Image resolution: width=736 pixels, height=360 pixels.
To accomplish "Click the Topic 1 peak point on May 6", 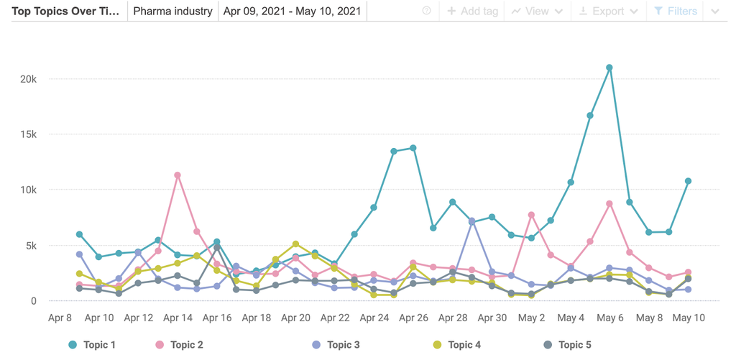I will (609, 68).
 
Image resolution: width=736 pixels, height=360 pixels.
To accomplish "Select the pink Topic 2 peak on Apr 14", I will (178, 175).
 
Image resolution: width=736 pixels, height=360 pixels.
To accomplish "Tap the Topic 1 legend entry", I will (92, 345).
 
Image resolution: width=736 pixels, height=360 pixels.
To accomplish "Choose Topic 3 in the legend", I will (336, 345).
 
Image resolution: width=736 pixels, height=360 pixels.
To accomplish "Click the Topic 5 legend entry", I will (567, 345).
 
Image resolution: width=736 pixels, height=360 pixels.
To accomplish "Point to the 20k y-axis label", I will (28, 79).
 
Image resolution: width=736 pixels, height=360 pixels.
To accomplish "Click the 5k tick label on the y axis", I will (30, 246).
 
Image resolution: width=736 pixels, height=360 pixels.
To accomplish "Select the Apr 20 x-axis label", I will (295, 317).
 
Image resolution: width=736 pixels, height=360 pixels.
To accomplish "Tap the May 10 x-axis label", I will (688, 317).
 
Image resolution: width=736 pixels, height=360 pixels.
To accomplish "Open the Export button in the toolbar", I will (608, 11).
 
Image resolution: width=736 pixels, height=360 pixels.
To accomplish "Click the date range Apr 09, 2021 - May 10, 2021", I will (291, 11).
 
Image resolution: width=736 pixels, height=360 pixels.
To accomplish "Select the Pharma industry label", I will (172, 11).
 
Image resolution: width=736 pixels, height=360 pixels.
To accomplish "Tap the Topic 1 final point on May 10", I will (688, 181).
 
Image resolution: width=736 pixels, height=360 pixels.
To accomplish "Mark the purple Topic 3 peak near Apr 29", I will (472, 221).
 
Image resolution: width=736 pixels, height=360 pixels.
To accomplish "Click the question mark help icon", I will (427, 11).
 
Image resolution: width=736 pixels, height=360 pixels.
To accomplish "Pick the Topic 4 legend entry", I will (456, 345).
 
